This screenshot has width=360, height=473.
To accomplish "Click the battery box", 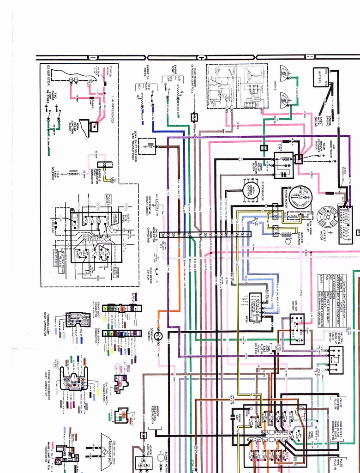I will tap(322, 77).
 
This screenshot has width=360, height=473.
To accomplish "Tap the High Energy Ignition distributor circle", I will tap(252, 191).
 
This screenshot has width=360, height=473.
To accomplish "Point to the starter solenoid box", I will tap(346, 224).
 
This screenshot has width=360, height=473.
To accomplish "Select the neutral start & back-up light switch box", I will tap(335, 360).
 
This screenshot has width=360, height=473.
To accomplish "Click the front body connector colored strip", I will tap(121, 308).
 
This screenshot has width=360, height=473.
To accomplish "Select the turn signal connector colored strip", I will tap(121, 333).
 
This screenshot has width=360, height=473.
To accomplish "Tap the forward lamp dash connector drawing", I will tap(78, 319).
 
